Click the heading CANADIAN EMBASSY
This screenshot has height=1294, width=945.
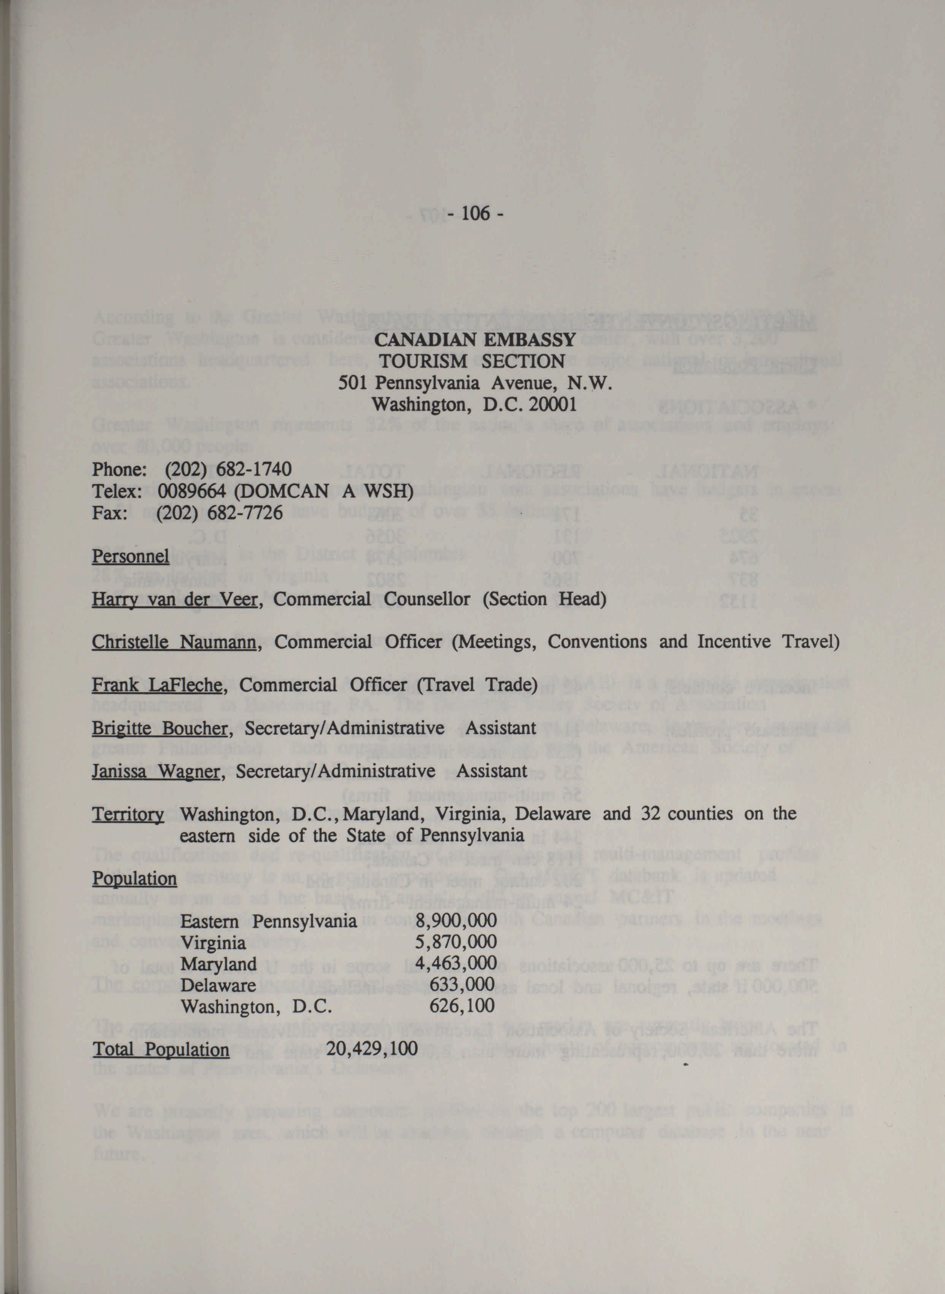[x=474, y=341]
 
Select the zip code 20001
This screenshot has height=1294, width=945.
[x=553, y=405]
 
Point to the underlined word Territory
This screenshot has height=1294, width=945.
[x=128, y=814]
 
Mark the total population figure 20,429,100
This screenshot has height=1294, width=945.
[x=372, y=1049]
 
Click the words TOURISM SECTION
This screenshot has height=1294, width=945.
[x=472, y=362]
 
